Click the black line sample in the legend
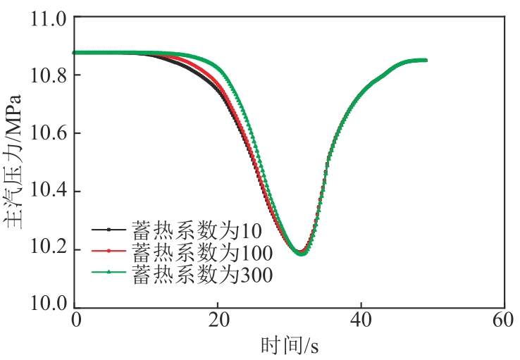click(109, 230)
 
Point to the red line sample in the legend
click(109, 251)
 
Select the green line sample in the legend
click(109, 273)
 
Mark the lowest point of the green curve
click(302, 254)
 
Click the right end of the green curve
click(426, 60)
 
